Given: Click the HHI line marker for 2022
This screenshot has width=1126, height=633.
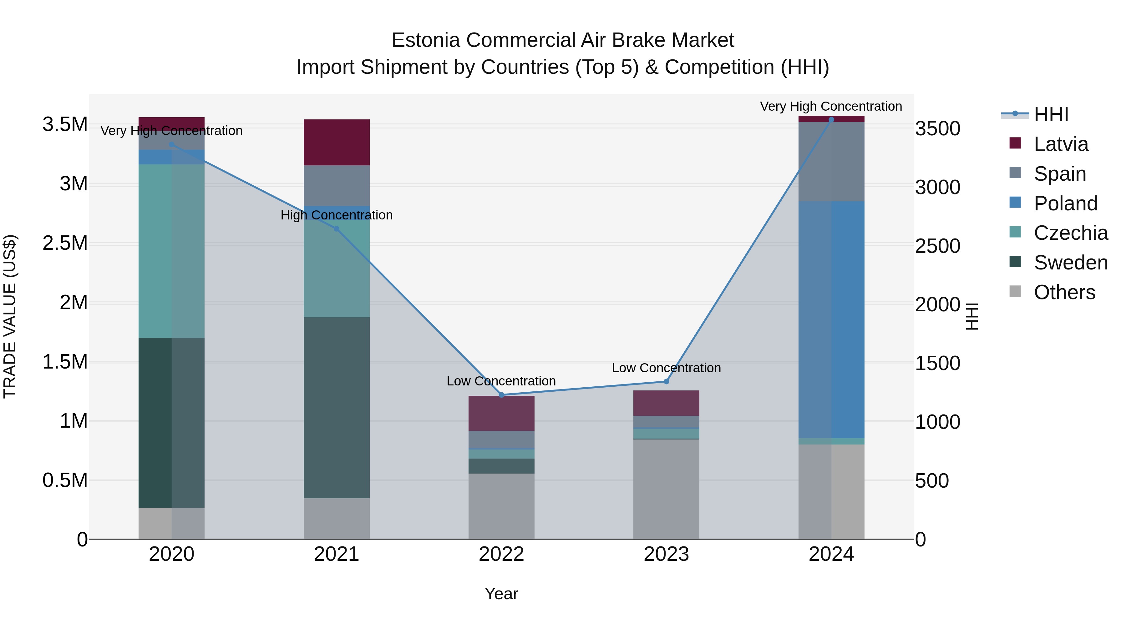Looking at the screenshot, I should [x=501, y=395].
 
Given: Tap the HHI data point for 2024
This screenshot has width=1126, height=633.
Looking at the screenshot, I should [x=831, y=120].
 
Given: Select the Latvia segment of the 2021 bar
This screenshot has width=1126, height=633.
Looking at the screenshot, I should [x=337, y=143].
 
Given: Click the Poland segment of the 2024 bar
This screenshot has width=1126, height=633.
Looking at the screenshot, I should [x=831, y=319].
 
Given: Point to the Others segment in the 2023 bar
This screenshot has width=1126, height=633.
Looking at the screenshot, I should [x=666, y=489].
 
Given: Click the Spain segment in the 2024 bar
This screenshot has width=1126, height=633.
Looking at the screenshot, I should [x=831, y=162].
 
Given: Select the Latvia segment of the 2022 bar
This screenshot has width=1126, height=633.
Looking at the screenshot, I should [x=501, y=413].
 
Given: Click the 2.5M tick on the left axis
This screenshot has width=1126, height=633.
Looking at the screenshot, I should [x=65, y=243].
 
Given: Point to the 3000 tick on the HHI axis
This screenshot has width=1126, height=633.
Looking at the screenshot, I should [x=938, y=188].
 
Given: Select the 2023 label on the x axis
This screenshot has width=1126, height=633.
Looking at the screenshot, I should [x=666, y=554].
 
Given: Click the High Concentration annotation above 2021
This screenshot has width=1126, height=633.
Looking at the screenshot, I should [x=337, y=215].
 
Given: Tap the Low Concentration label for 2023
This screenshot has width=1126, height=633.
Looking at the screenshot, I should [x=666, y=368].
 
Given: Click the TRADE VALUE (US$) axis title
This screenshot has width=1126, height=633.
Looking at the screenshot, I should [x=10, y=316].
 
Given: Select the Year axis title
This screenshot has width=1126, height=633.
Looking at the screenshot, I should [x=501, y=594].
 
